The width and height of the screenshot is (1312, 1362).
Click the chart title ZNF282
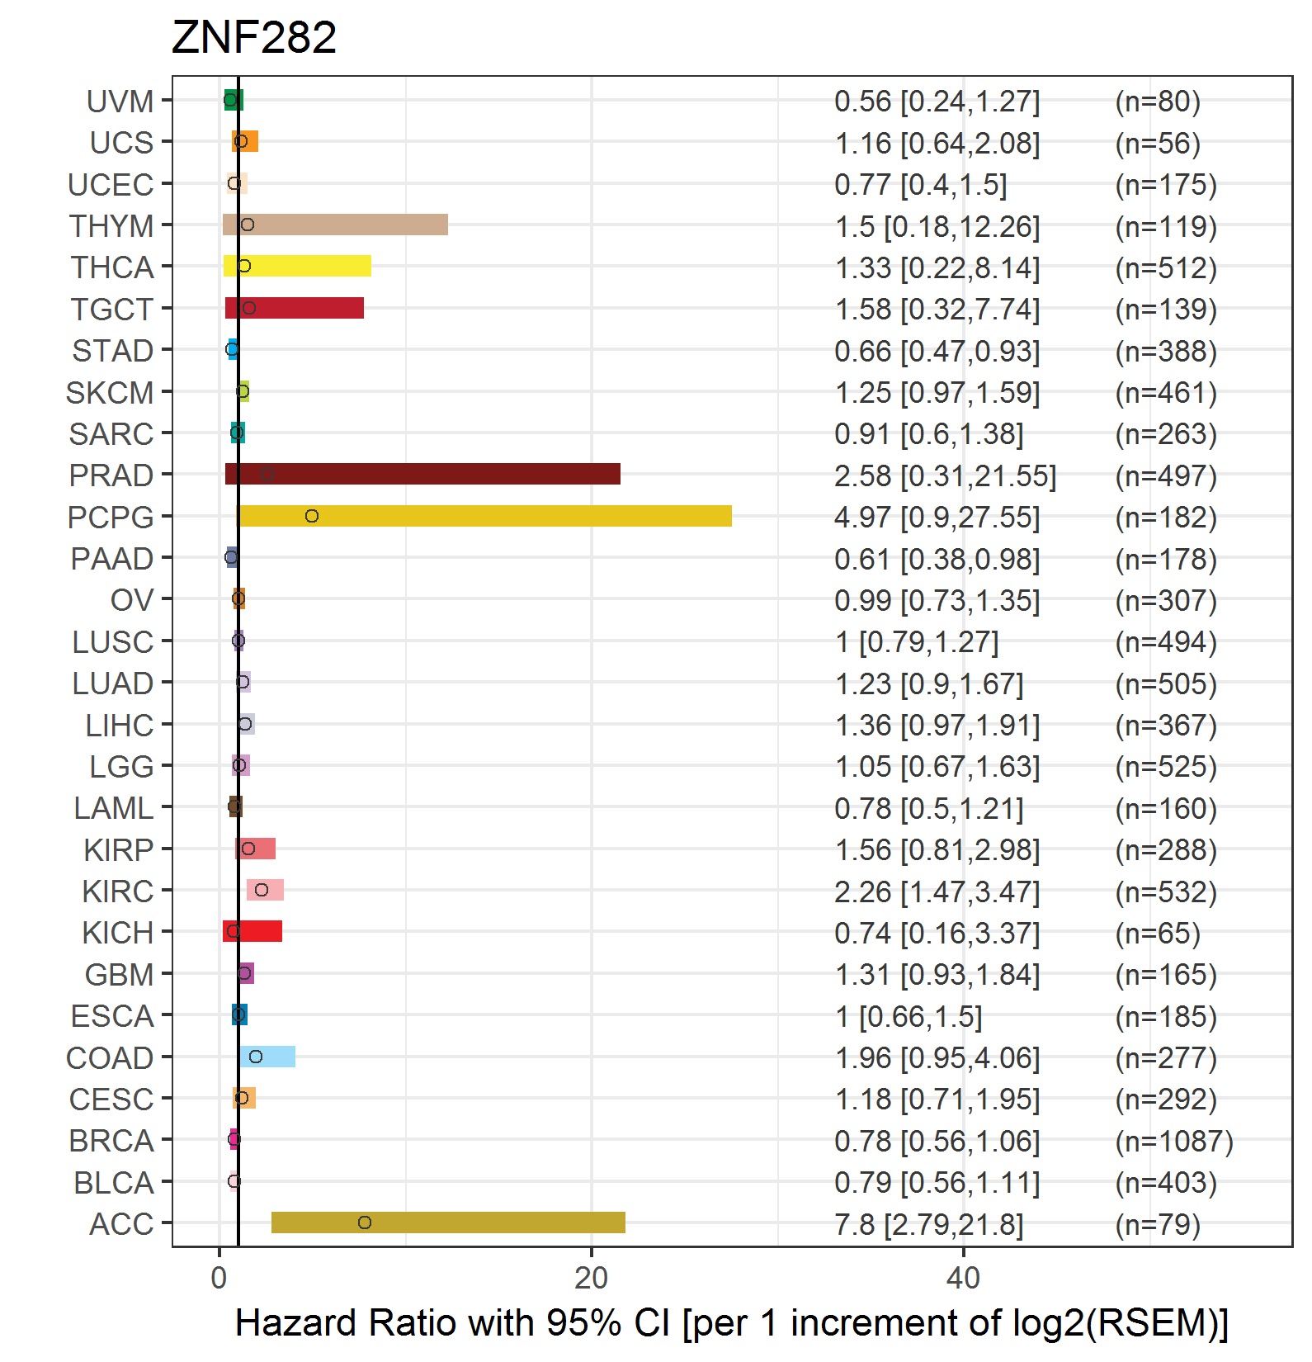[253, 38]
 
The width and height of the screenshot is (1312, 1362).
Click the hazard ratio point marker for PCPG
[311, 516]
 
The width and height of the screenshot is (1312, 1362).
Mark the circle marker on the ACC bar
[365, 1222]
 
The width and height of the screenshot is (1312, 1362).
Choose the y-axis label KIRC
[117, 891]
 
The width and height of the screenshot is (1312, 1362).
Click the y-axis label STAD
[112, 351]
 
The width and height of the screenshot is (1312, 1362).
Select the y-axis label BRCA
[111, 1141]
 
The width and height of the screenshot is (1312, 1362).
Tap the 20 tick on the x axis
[591, 1278]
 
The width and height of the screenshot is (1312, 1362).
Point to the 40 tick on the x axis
[963, 1278]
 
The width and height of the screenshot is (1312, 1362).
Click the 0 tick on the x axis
[219, 1278]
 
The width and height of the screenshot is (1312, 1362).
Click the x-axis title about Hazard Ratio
[731, 1322]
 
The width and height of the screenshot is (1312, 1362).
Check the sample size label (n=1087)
[1173, 1141]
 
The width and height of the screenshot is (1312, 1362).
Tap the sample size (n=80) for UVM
[1157, 102]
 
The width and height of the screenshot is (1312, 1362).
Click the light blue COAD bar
[267, 1057]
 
